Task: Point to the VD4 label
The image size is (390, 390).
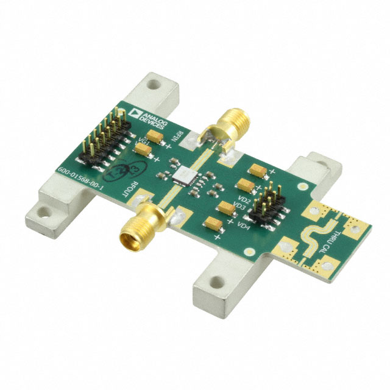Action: click(x=244, y=227)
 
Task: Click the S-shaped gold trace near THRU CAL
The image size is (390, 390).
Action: click(x=315, y=235)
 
